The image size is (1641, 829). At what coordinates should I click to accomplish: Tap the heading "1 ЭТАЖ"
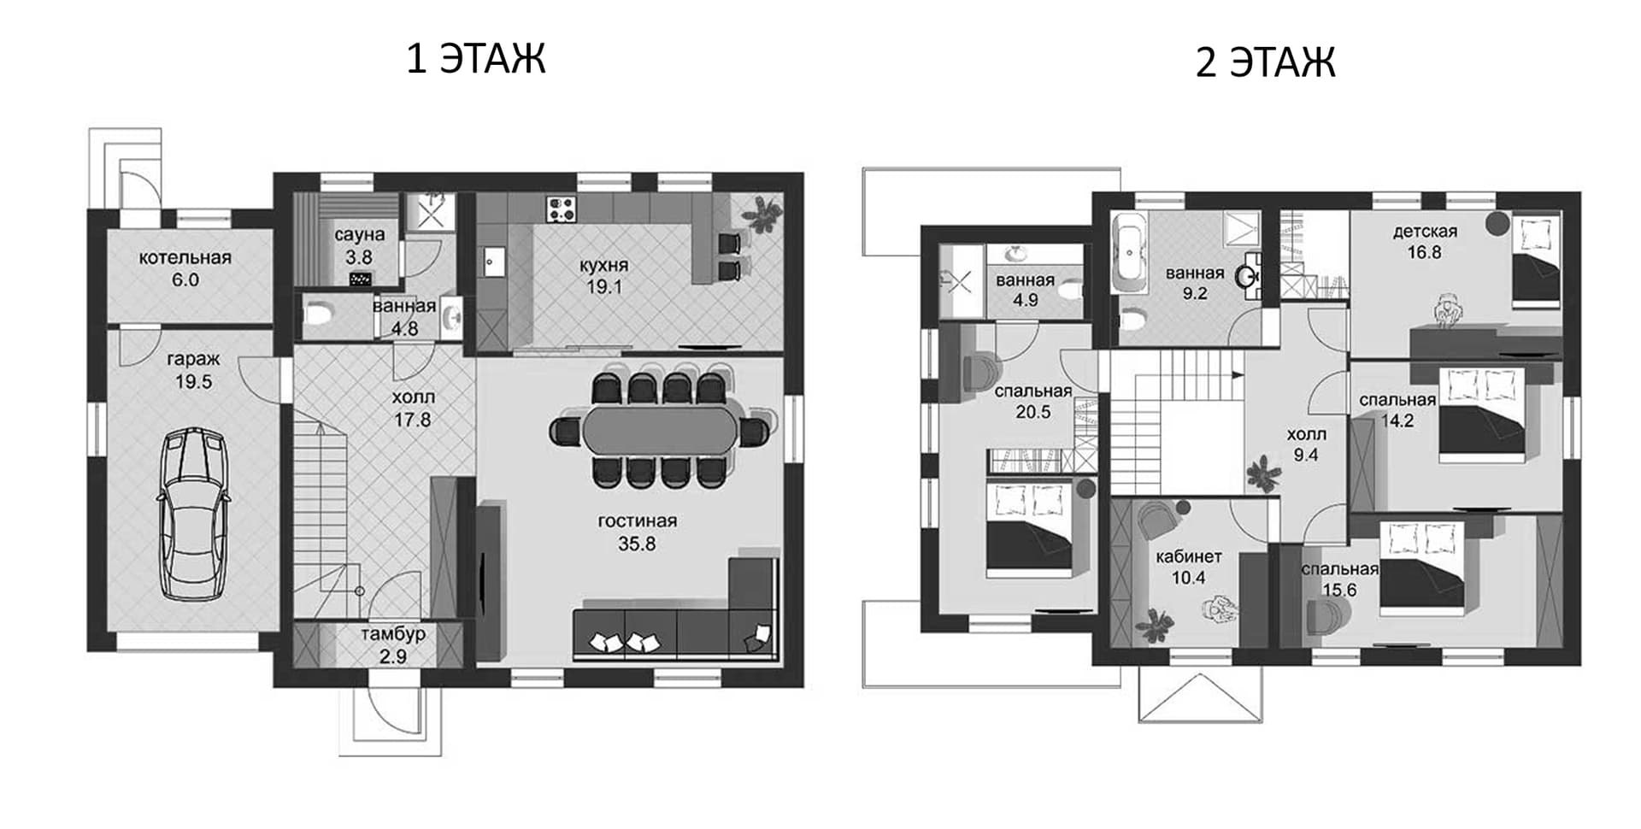(x=476, y=59)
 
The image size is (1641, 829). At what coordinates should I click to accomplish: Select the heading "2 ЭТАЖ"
(x=1265, y=62)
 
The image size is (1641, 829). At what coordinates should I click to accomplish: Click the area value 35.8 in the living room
(x=637, y=544)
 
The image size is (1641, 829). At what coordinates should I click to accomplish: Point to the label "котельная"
(x=185, y=257)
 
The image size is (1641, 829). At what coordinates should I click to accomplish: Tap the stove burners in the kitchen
(x=562, y=209)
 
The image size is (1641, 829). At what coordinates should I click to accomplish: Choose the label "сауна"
(x=359, y=234)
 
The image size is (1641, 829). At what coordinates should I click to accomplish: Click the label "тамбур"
(x=393, y=635)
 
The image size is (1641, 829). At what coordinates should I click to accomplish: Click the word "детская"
(x=1425, y=231)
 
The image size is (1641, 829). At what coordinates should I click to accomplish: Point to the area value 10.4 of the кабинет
(x=1188, y=579)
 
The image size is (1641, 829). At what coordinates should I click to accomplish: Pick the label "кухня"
(x=603, y=265)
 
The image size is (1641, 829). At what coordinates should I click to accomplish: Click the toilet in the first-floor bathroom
(x=318, y=316)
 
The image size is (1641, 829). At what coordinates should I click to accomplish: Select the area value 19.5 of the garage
(x=194, y=382)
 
